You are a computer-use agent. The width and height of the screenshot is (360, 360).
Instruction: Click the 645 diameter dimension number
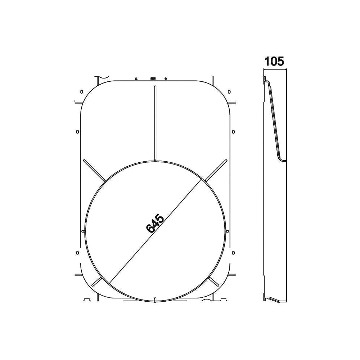pos(155,224)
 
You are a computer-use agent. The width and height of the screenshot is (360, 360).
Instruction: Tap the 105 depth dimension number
pos(274,62)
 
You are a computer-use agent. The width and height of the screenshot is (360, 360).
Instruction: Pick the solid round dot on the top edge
pos(166,78)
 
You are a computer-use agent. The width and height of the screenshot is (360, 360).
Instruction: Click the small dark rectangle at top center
pos(153,78)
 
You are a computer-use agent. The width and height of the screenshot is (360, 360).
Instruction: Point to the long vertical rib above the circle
pos(155,122)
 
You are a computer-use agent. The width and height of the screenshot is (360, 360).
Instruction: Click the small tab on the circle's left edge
pos(83,231)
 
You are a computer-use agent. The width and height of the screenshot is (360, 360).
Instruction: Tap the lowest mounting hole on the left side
pos(77,253)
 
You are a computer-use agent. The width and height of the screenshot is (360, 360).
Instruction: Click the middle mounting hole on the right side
pos(233,132)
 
